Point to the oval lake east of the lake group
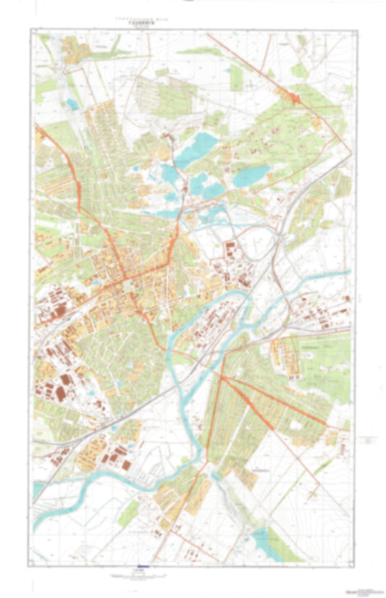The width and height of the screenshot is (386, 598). (251, 174)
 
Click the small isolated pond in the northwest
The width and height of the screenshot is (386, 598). (72, 104)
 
